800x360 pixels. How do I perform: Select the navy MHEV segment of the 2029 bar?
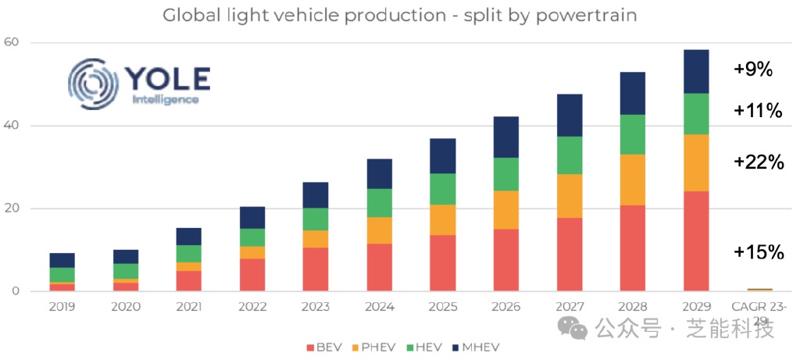click(696, 71)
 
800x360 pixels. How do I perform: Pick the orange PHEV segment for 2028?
click(632, 180)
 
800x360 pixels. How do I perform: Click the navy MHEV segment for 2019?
click(62, 260)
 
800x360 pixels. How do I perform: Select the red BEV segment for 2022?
click(252, 275)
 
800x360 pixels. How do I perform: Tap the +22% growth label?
click(758, 162)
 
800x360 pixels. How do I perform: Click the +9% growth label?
click(753, 70)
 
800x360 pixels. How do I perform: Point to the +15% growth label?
click(758, 252)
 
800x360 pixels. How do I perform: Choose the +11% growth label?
click(758, 112)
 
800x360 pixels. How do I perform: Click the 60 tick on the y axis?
click(11, 42)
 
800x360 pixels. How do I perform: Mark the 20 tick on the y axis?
click(11, 209)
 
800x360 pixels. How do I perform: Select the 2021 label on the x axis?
click(188, 307)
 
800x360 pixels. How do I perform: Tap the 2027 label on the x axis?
click(569, 307)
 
